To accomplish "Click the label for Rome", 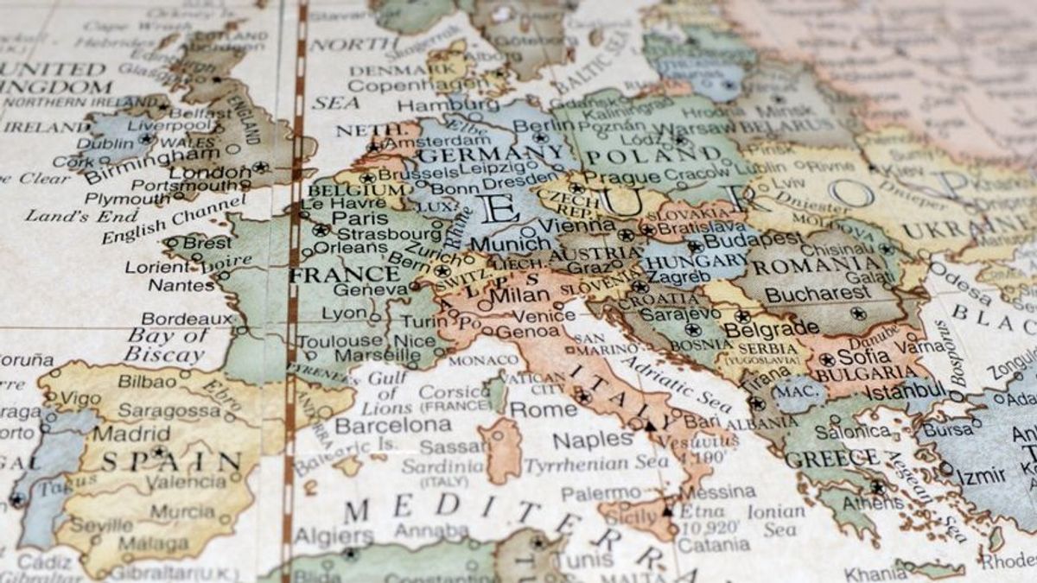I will click(544, 409).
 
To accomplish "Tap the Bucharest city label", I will click(817, 295).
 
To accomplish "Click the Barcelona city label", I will click(393, 425).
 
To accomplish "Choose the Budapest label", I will click(740, 240).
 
